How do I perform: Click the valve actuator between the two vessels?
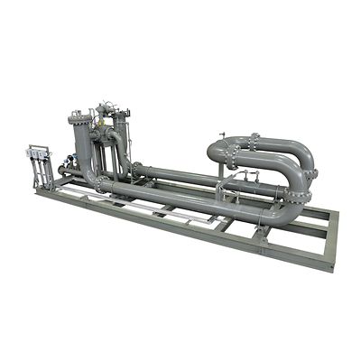point(104,110)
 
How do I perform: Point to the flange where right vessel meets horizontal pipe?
point(136,169)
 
